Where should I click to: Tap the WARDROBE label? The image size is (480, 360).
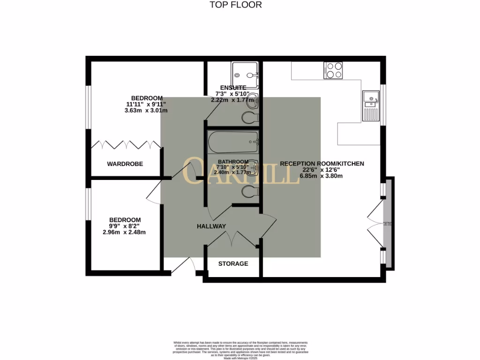click(x=125, y=164)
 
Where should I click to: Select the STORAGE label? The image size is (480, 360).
click(x=233, y=264)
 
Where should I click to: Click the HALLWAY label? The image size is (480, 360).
click(x=211, y=226)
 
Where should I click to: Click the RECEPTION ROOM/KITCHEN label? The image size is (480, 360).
click(x=322, y=164)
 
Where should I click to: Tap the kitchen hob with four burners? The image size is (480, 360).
click(x=333, y=70)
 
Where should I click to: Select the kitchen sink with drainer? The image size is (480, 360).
click(x=371, y=106)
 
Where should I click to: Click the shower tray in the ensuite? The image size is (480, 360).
click(x=245, y=75)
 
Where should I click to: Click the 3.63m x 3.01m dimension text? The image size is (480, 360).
click(x=146, y=111)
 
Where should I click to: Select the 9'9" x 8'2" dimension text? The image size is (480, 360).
click(x=125, y=226)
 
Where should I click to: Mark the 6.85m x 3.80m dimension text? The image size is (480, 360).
click(x=322, y=176)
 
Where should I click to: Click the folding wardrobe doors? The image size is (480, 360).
click(x=126, y=145)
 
